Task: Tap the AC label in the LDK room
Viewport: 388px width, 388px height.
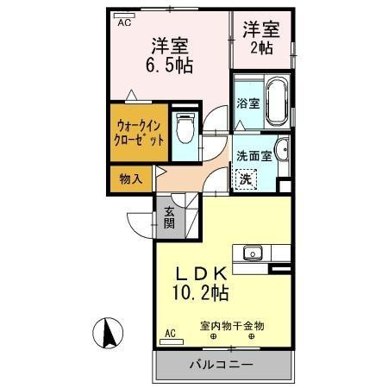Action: coord(170,331)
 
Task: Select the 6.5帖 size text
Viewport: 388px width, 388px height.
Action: coord(172,66)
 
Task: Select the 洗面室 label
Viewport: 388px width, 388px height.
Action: coord(253,156)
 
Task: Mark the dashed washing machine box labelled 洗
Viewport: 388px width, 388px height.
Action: coord(247,179)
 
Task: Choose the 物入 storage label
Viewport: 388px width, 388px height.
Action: coord(130,179)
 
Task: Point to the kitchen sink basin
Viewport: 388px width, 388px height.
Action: coord(253,253)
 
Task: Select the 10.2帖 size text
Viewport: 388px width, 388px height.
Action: coord(201,294)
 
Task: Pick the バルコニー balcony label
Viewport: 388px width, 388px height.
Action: coord(222,366)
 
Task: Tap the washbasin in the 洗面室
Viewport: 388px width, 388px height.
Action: coord(285,156)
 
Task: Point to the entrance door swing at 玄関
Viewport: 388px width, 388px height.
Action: coord(141,222)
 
